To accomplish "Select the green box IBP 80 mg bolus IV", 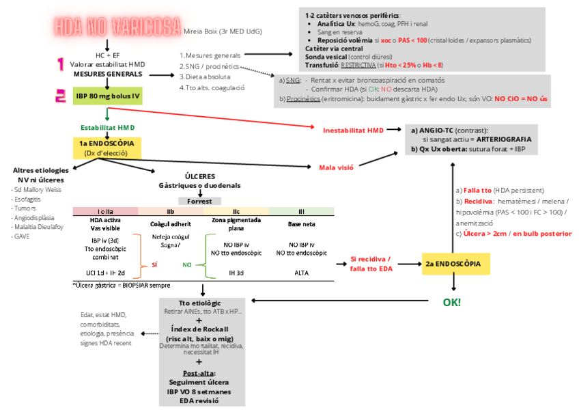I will [107, 96].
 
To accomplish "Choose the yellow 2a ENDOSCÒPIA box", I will [453, 263].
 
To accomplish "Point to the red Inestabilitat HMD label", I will [353, 129].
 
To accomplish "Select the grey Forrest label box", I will [199, 201].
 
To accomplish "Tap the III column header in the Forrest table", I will [300, 211].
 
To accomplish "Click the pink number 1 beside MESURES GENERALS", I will [61, 65].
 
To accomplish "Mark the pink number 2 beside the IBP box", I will [61, 96].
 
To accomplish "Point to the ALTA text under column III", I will [300, 273].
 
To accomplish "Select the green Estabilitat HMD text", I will [107, 128].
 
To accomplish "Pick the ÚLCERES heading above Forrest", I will [199, 176].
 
